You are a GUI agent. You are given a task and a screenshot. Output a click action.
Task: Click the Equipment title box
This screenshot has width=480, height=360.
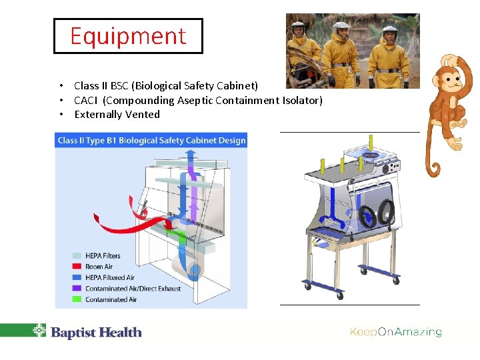pos(128,36)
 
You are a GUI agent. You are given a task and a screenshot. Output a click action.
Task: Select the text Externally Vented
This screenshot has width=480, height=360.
pos(117,115)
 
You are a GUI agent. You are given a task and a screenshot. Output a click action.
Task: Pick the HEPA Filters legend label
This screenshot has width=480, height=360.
pos(103,256)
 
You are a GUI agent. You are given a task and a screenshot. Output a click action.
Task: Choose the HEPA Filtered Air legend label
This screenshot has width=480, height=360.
pos(110,278)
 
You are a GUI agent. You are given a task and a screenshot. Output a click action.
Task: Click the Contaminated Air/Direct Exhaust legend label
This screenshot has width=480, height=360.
pos(133,289)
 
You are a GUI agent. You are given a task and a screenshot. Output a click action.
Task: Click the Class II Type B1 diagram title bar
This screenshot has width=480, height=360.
pos(151,140)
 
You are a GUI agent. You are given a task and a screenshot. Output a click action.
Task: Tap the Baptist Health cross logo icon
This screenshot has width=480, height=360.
pos(39,330)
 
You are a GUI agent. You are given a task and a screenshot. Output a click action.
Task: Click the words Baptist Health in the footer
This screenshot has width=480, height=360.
pos(97,332)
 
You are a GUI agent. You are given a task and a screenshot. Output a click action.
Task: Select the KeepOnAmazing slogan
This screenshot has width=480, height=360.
pos(396,332)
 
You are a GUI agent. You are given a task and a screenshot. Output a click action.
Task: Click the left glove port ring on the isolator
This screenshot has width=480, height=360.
pos(366,216)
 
